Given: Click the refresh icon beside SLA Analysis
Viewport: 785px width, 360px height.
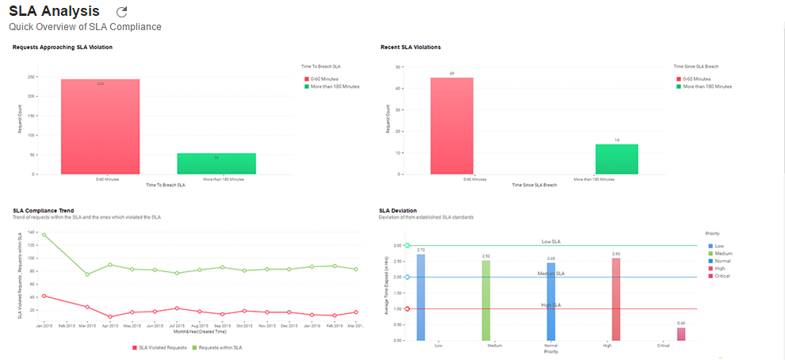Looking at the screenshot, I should coord(121,12).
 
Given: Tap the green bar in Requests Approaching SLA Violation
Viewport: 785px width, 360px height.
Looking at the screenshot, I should coord(216,163).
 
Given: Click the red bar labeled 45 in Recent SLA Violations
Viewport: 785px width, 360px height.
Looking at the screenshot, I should coord(452,125).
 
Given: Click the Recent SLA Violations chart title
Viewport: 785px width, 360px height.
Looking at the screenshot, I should coord(410,48).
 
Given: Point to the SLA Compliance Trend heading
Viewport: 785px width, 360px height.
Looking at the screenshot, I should coord(44,211).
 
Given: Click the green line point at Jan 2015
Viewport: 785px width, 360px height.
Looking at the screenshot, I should coord(44,235).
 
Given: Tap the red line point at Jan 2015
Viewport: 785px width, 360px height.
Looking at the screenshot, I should coord(44,296).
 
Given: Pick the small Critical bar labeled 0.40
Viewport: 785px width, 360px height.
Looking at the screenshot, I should coord(681,334).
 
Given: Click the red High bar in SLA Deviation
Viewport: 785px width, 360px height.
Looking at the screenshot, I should coord(615,299).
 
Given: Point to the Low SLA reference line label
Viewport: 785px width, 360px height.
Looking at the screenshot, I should coord(552,242).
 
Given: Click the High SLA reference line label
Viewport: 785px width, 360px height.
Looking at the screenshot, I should coord(552,304).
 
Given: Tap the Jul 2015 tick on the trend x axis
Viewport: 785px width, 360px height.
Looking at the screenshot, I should coord(177,326).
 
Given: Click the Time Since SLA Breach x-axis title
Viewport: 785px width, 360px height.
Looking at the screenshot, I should coord(534,185).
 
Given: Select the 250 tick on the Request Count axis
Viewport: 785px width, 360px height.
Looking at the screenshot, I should coord(31,78).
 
